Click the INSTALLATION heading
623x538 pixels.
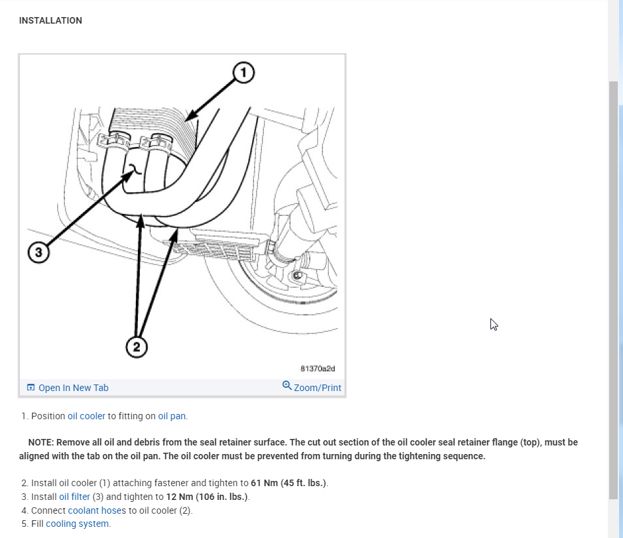coord(51,20)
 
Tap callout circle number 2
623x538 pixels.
coord(137,347)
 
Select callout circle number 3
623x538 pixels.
coord(39,253)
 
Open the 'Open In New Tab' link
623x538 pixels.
coord(73,388)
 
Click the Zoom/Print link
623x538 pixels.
coord(317,388)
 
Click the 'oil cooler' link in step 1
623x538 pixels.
coord(86,416)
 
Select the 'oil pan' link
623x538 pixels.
coord(171,416)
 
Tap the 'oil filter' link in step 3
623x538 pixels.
coord(74,497)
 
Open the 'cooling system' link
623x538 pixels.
coord(78,524)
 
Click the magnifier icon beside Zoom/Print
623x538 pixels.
coord(287,386)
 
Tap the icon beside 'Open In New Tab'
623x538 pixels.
coord(30,388)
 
